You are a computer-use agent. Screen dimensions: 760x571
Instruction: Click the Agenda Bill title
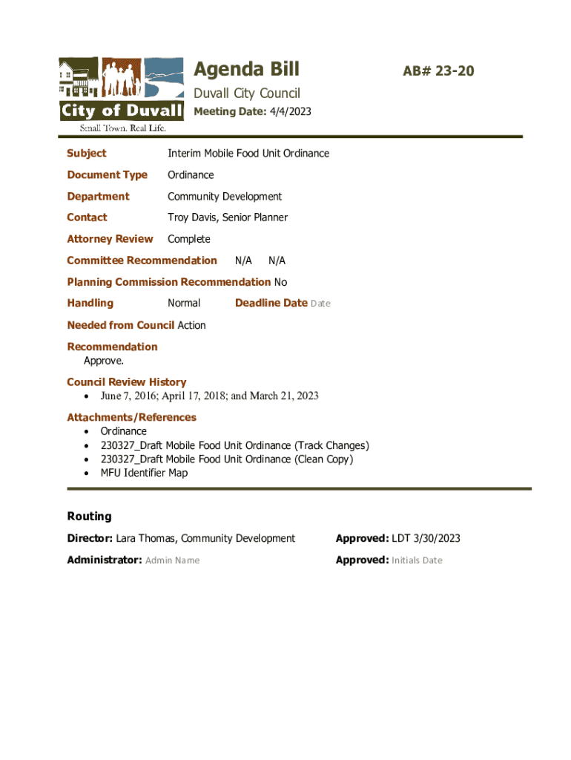[246, 69]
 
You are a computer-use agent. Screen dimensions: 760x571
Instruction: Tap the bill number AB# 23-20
[438, 71]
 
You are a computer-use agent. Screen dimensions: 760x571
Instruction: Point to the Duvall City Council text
[247, 93]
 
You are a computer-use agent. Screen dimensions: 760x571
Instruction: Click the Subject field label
[86, 153]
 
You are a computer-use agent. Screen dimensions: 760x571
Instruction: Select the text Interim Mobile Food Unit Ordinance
[248, 153]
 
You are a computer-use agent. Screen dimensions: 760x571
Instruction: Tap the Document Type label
[107, 174]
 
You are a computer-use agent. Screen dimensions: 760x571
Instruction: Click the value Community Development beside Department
[225, 196]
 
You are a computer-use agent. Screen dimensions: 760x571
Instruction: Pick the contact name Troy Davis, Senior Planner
[228, 217]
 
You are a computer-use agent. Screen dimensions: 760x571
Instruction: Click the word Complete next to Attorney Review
[189, 239]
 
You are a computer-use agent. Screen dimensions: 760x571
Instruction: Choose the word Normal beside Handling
[184, 303]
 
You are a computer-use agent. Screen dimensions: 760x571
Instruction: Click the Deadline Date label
[271, 303]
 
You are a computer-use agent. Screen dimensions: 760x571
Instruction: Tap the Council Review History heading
[126, 381]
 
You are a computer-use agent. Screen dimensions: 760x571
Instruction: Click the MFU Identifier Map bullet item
[144, 473]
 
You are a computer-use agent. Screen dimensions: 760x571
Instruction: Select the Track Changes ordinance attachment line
[234, 445]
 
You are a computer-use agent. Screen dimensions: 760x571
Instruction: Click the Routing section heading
[89, 516]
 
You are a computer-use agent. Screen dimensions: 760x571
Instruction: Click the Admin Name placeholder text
[172, 560]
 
